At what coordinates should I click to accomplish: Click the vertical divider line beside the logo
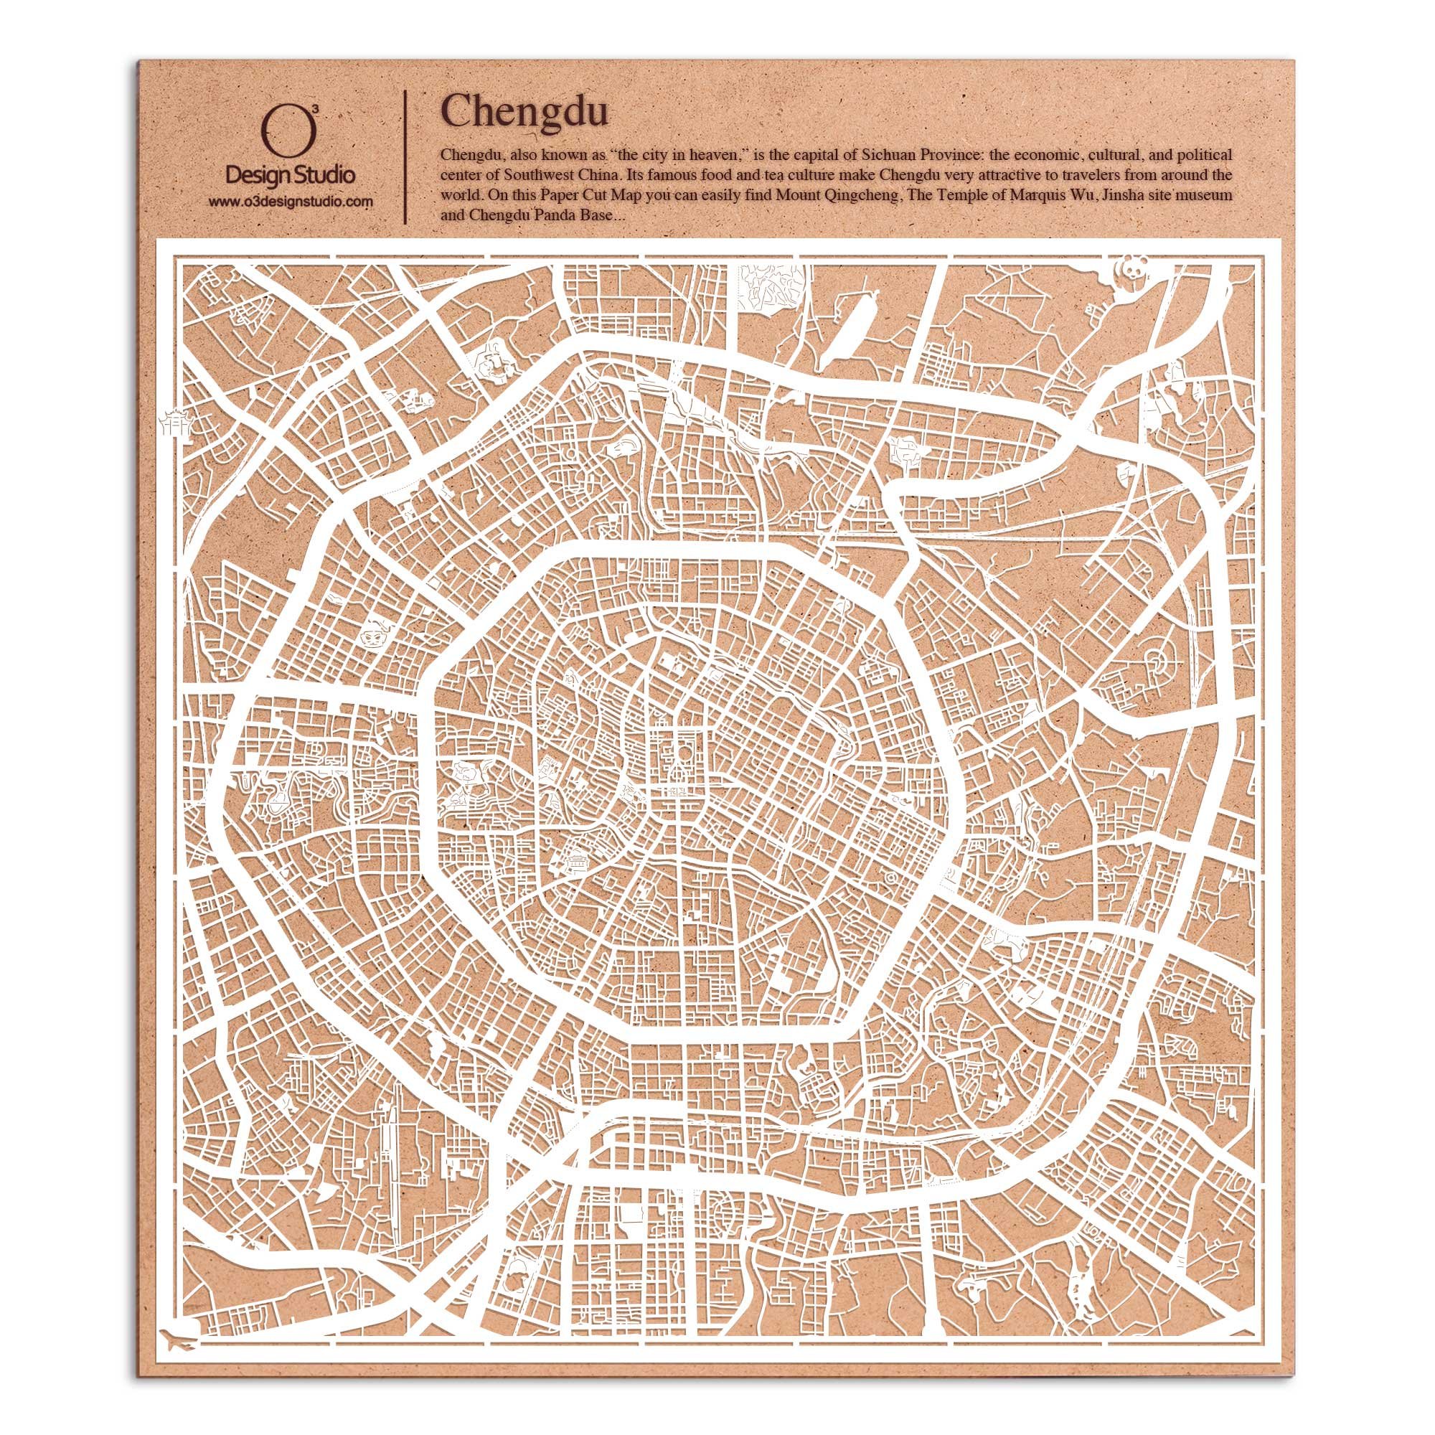pyautogui.click(x=405, y=157)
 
